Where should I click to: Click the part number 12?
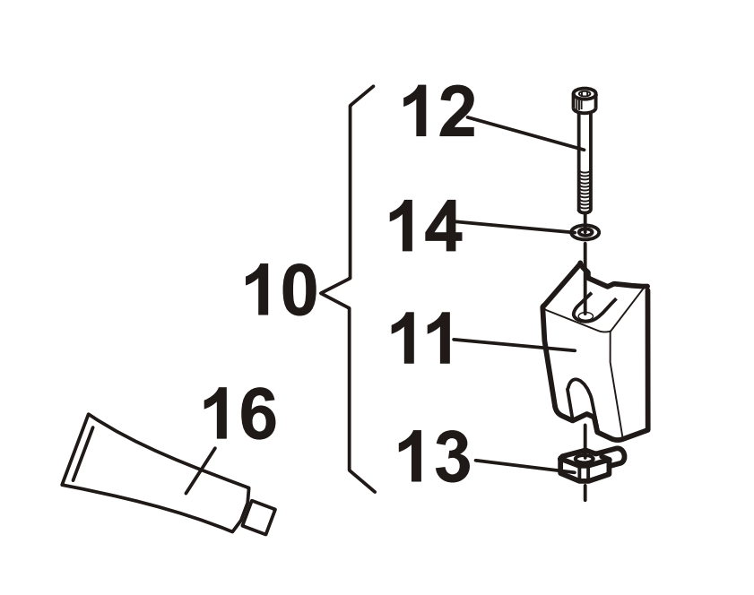click(438, 113)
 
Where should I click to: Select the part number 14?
click(425, 226)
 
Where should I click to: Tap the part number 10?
click(281, 289)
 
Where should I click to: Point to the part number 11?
click(421, 338)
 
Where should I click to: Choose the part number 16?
click(239, 413)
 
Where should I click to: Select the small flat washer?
click(585, 233)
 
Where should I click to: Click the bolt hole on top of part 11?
click(585, 315)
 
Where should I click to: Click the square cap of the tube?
click(259, 517)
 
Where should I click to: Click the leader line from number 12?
click(525, 134)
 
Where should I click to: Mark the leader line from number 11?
click(514, 345)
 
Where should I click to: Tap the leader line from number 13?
click(524, 466)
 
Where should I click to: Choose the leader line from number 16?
click(200, 470)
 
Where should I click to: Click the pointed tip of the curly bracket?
click(320, 292)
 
